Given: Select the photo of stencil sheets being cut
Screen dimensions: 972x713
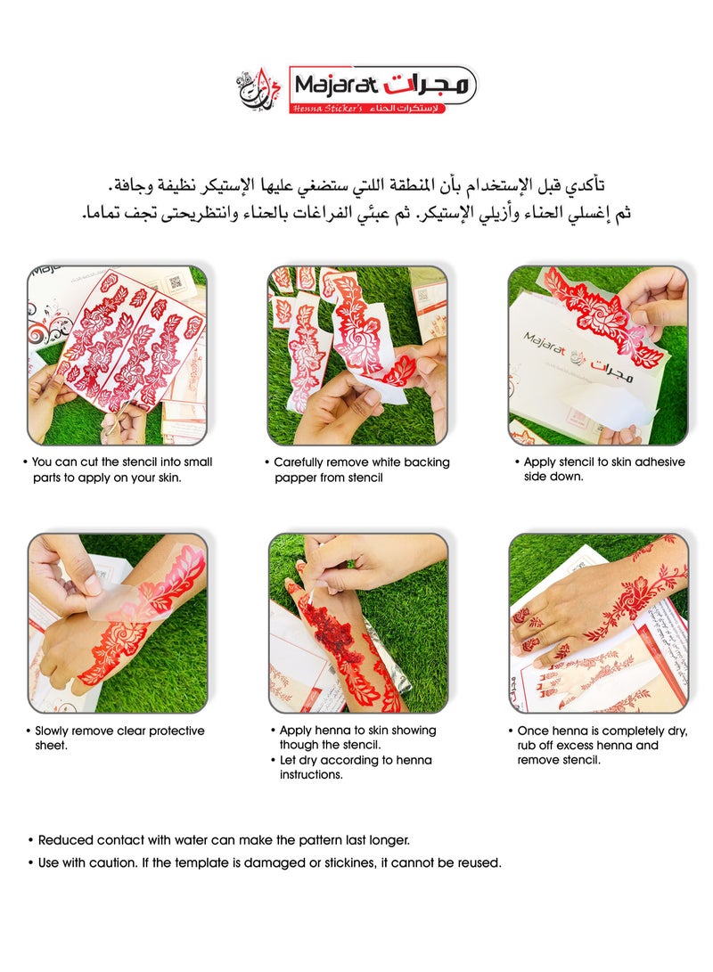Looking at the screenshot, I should (117, 355).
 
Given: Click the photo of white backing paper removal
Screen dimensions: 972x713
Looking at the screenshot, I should (357, 355).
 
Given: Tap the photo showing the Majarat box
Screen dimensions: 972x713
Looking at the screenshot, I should (598, 355).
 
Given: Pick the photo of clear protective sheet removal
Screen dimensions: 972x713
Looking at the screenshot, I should (117, 623).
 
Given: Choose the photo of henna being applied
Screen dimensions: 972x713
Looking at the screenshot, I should (357, 623).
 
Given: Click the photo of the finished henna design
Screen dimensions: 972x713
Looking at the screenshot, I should (598, 623).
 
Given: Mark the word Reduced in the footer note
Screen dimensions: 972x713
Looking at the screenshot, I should (65, 839).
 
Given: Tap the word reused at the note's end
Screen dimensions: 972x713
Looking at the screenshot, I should (479, 862).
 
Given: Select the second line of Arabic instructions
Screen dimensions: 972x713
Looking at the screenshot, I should (356, 214).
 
